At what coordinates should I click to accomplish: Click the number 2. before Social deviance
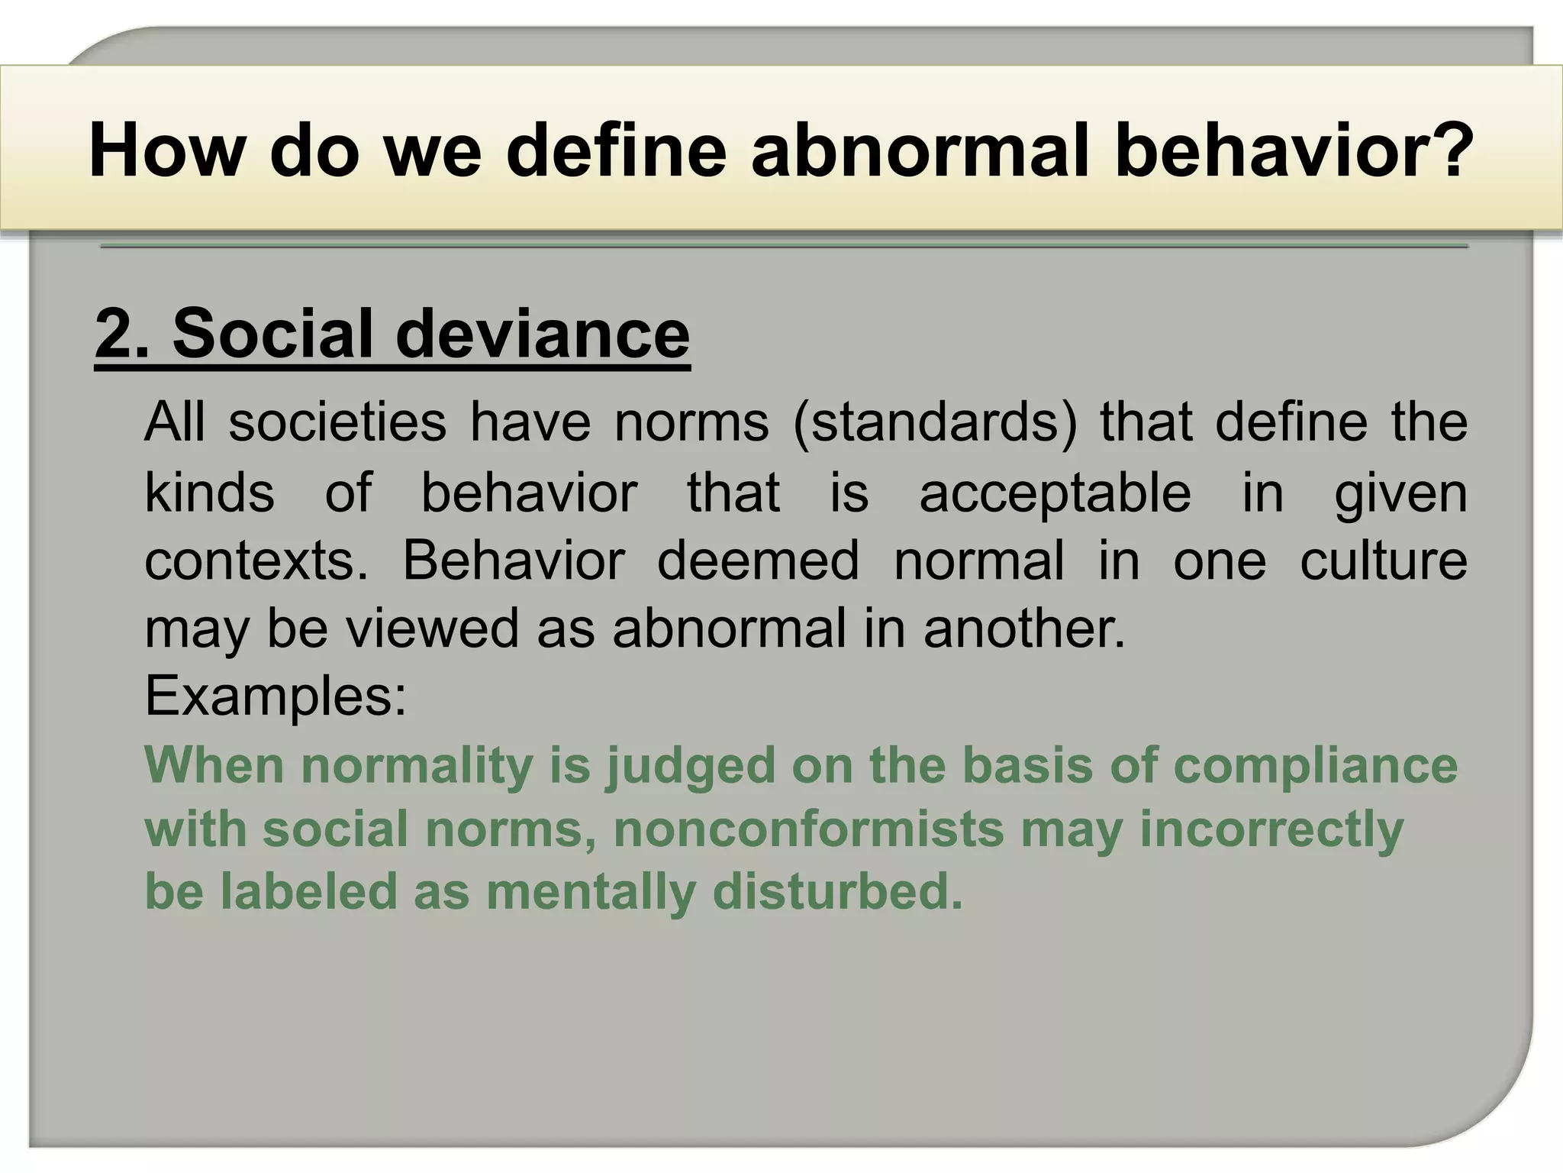tap(123, 334)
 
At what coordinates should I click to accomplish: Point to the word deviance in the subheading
tap(543, 334)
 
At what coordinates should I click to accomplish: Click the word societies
tap(337, 422)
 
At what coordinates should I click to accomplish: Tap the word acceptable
tap(1055, 493)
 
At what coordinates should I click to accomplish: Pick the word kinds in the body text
tap(209, 493)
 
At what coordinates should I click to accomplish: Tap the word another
tap(1024, 629)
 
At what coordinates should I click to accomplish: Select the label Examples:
tap(276, 696)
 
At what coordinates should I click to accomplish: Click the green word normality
tap(417, 766)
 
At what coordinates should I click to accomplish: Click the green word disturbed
tap(837, 892)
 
